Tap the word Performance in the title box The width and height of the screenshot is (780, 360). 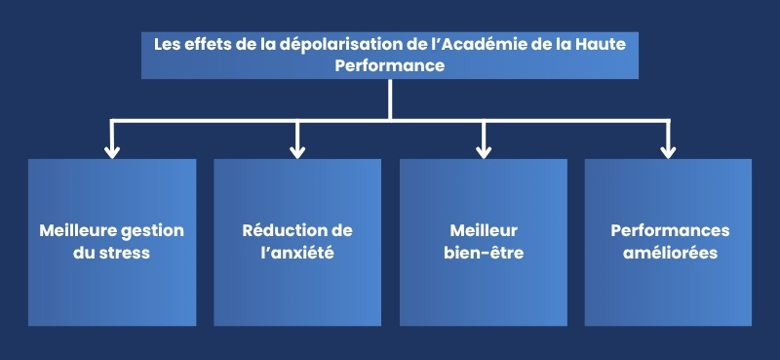click(390, 66)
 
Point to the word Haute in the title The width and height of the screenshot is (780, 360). click(616, 45)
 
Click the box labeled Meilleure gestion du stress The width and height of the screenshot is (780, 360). click(112, 242)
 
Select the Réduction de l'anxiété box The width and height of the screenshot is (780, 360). click(297, 242)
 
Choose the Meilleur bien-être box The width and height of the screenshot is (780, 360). click(484, 242)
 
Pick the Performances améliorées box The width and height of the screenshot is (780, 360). click(668, 242)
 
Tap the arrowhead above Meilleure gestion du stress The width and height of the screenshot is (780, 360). click(112, 150)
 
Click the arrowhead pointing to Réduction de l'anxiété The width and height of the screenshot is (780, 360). click(297, 150)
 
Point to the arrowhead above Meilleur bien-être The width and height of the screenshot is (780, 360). click(484, 150)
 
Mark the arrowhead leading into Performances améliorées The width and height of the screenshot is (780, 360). click(668, 150)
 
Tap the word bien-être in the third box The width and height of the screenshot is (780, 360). click(484, 253)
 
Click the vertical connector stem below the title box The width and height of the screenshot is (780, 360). click(390, 99)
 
